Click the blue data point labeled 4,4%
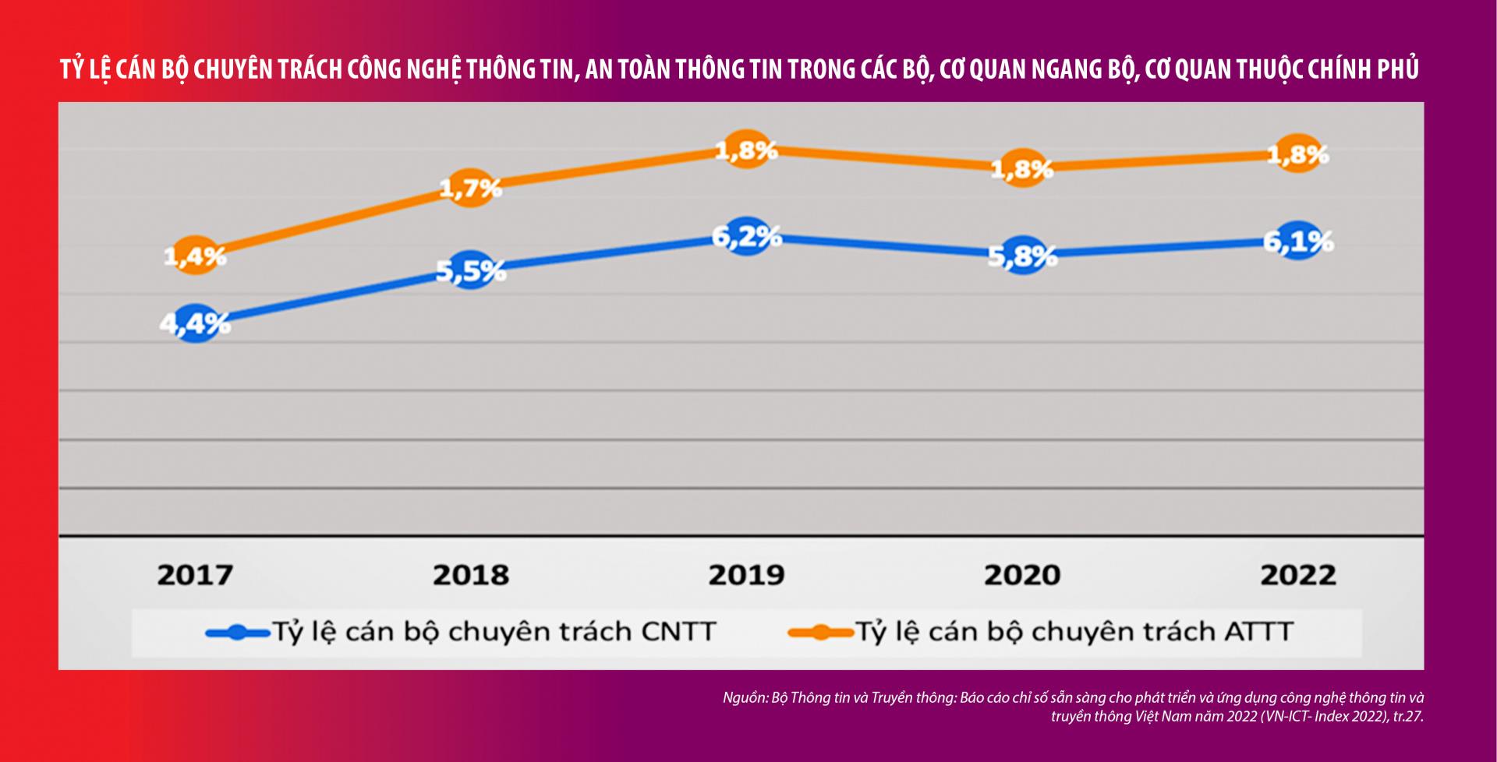coord(196,323)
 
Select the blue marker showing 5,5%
coord(471,270)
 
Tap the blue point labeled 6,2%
coord(747,236)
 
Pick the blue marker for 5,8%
coord(1022,255)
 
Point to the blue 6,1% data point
coord(1298,241)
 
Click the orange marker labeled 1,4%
coord(195,255)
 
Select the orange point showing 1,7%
coord(470,188)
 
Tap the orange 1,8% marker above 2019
coord(747,150)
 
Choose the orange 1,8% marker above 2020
coord(1022,168)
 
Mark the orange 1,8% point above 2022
coord(1298,153)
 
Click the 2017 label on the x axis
coord(195,575)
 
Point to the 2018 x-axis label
coord(471,575)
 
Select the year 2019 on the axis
coord(746,575)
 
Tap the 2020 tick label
coord(1022,575)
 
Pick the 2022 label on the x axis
coord(1298,575)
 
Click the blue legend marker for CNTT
coord(238,633)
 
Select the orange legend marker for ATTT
coord(820,633)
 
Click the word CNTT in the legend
coord(678,631)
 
